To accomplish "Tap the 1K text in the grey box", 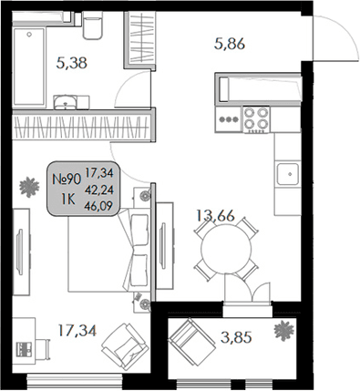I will click(67, 199).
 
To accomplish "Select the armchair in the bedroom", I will click(121, 346).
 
